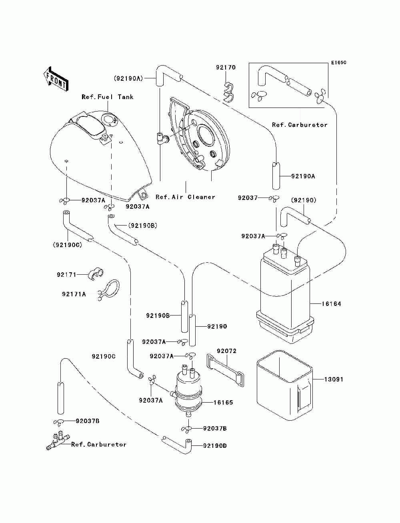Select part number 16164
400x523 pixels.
332,304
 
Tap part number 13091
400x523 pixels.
333,379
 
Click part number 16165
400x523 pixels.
223,403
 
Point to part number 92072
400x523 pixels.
227,351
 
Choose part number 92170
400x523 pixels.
226,68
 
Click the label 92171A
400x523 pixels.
74,294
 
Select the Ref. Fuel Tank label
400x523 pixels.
107,97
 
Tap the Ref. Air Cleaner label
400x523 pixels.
185,197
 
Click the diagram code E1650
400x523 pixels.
338,63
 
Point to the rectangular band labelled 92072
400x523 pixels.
226,370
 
